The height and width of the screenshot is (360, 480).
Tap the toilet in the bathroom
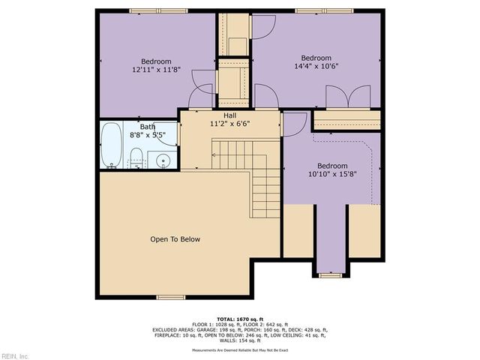pos(136,158)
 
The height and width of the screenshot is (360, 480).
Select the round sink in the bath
pos(163,160)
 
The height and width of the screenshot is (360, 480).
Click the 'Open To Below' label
pos(175,239)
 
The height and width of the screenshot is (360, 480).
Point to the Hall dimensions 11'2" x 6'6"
pos(229,124)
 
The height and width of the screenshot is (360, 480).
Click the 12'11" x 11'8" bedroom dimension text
pos(156,70)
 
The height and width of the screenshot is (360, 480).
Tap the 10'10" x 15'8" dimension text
pos(331,174)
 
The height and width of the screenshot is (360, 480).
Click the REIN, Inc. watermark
pos(15,355)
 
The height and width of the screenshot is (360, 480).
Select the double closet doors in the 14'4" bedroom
pos(348,97)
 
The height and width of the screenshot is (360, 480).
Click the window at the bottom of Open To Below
pos(171,297)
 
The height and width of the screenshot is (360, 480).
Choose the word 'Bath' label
pos(147,127)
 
